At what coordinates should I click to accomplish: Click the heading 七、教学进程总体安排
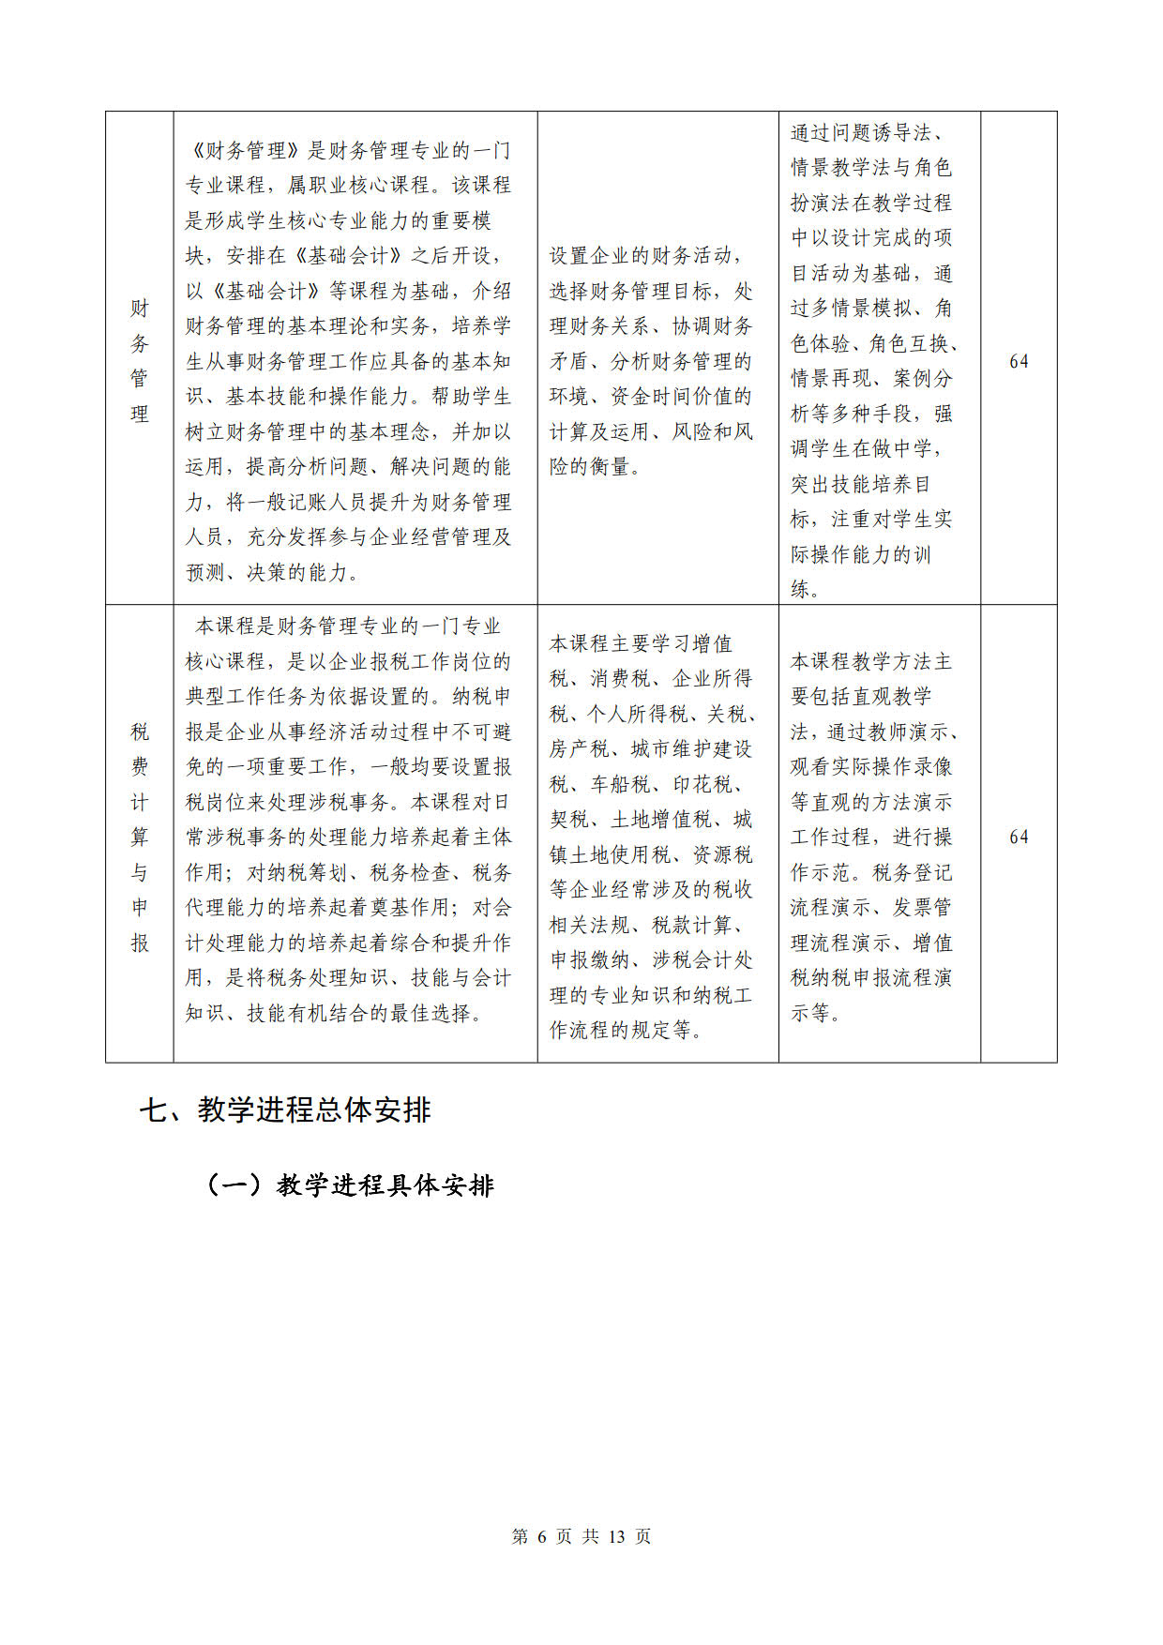pyautogui.click(x=285, y=1110)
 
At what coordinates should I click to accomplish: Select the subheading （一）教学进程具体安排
pyautogui.click(x=350, y=1185)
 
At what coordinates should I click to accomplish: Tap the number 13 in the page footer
pyautogui.click(x=616, y=1536)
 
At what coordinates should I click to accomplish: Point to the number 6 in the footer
pyautogui.click(x=542, y=1536)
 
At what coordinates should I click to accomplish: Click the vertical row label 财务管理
pyautogui.click(x=140, y=360)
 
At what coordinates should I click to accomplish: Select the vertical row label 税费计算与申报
pyautogui.click(x=140, y=836)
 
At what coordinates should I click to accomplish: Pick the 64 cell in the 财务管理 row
pyautogui.click(x=1019, y=361)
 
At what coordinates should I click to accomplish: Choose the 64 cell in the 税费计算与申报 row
pyautogui.click(x=1019, y=837)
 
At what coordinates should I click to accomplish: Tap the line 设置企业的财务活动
pyautogui.click(x=644, y=255)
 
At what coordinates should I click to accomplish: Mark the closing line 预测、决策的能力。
pyautogui.click(x=273, y=572)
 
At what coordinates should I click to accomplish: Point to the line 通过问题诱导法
pyautogui.click(x=868, y=132)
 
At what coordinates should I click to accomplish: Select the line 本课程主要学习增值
pyautogui.click(x=641, y=643)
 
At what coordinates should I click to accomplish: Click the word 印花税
pyautogui.click(x=704, y=784)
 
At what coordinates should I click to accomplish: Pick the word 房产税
pyautogui.click(x=580, y=748)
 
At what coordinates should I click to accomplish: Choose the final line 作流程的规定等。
pyautogui.click(x=626, y=1030)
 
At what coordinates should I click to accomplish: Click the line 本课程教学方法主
pyautogui.click(x=870, y=661)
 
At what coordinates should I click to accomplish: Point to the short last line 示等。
pyautogui.click(x=816, y=1013)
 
